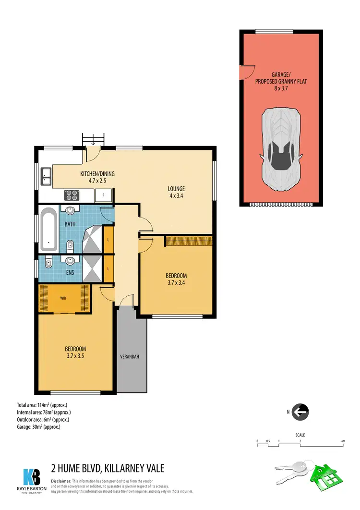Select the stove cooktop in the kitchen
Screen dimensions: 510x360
[72, 195]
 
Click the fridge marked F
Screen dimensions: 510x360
[103, 194]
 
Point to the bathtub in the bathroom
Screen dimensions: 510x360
[48, 229]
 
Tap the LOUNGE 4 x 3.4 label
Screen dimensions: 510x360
[176, 192]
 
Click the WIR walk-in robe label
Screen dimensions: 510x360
[63, 298]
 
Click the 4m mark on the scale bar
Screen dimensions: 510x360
[343, 440]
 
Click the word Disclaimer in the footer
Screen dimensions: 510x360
[61, 481]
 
